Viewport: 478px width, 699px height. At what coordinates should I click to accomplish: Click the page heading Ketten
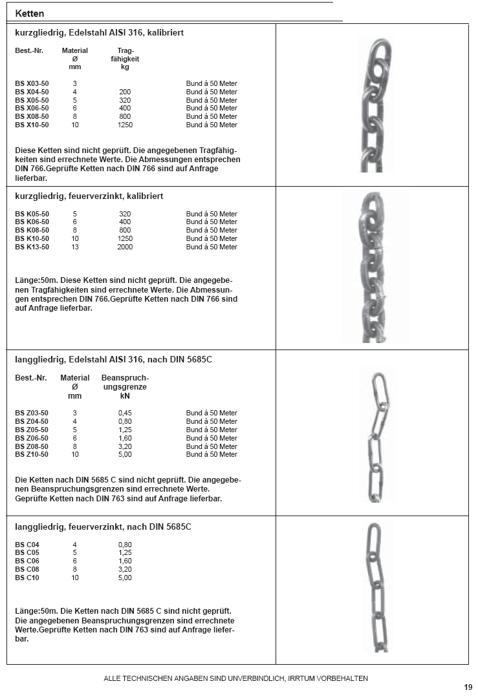pos(30,13)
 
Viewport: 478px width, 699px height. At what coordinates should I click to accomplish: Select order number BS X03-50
pos(32,83)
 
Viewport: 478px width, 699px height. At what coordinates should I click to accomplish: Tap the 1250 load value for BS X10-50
pos(125,125)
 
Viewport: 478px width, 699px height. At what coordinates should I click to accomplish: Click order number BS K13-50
pos(32,247)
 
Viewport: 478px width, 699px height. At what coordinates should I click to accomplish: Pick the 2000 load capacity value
pos(125,247)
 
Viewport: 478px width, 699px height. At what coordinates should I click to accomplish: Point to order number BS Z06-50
pos(32,438)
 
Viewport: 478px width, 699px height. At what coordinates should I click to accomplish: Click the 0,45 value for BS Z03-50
pos(125,413)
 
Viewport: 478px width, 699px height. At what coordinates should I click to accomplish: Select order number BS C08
pos(27,569)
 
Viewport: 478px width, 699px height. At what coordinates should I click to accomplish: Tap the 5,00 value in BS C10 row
pos(125,578)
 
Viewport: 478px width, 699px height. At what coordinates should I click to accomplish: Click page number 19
pos(468,687)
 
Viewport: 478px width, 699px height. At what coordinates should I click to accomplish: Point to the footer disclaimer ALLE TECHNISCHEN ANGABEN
pos(236,678)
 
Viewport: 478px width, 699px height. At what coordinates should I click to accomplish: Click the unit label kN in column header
pos(125,396)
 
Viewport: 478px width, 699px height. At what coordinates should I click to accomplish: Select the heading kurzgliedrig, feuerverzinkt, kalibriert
pos(89,196)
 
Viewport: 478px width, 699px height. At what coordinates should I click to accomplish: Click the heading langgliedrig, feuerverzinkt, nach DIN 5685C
pos(103,527)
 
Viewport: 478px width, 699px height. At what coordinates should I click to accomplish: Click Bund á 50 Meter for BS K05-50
pos(212,214)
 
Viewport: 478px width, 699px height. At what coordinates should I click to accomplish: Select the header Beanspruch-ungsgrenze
pos(125,382)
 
